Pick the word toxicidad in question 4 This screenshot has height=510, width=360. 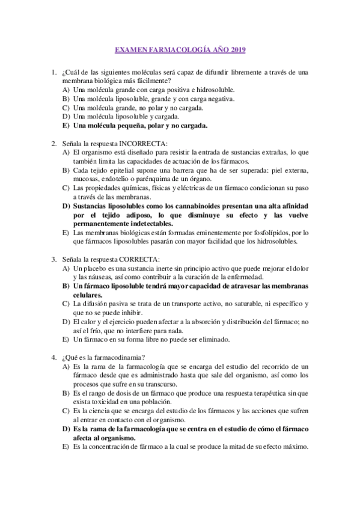(104, 402)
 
